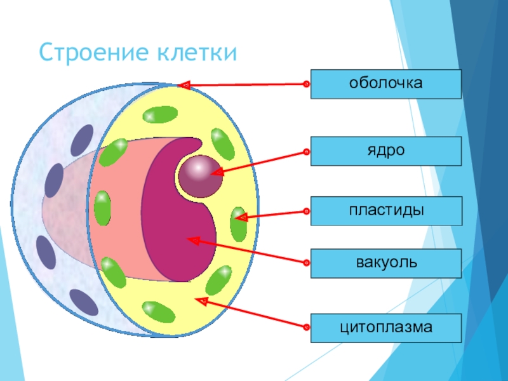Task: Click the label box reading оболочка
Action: pos(385,84)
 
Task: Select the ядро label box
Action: pos(385,152)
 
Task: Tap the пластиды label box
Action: pos(385,210)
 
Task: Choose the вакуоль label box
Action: pos(385,263)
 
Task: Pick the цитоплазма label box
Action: pos(385,328)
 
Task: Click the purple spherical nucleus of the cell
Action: pos(199,175)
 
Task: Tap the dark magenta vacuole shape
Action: pos(181,235)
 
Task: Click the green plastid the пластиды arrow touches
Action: pos(238,223)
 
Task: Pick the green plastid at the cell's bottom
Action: pos(157,312)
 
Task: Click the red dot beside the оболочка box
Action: pos(306,84)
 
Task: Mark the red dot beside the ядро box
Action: pos(306,152)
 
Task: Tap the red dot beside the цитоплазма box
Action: pos(306,328)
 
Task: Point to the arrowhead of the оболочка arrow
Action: pos(184,85)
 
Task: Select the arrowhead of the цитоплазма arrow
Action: pos(201,300)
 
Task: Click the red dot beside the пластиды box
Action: pos(306,210)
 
